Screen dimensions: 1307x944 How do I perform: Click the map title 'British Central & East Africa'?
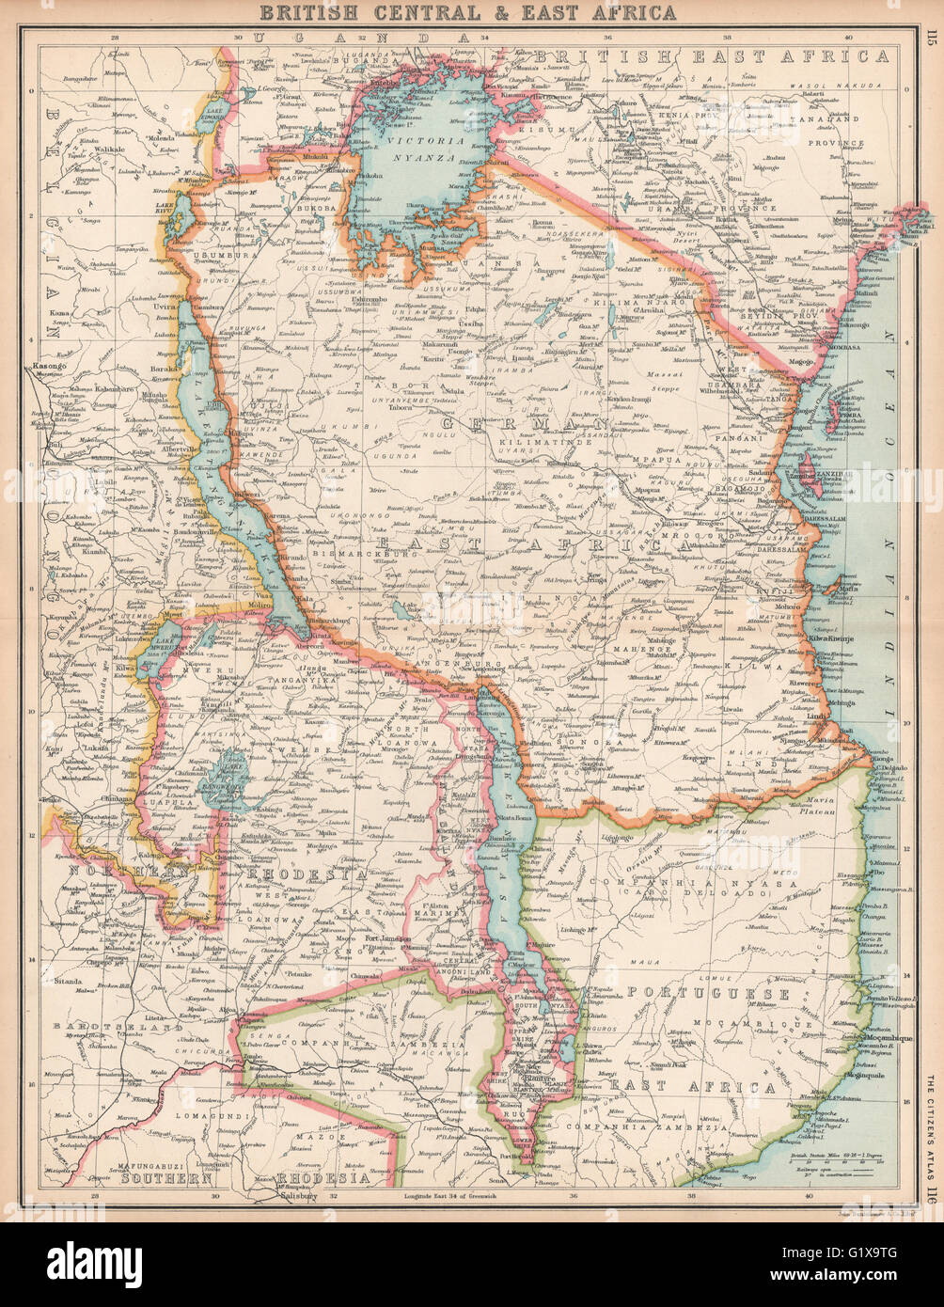click(x=467, y=12)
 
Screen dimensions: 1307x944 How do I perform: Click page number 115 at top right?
click(x=930, y=39)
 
